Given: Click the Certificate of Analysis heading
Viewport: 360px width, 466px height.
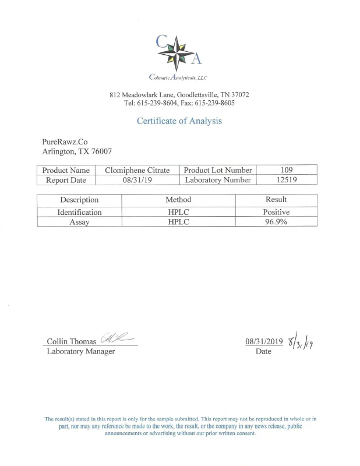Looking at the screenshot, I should pyautogui.click(x=179, y=121).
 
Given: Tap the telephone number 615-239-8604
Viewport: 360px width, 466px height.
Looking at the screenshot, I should pyautogui.click(x=156, y=103).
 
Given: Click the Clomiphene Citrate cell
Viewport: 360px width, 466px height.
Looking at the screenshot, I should pyautogui.click(x=137, y=170).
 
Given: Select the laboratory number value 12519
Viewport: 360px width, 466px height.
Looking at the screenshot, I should pyautogui.click(x=288, y=180).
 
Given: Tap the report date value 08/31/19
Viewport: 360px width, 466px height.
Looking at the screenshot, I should pyautogui.click(x=137, y=180).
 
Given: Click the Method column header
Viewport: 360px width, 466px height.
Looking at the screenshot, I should pyautogui.click(x=178, y=200).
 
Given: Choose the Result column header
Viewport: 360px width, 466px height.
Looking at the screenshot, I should pyautogui.click(x=276, y=200).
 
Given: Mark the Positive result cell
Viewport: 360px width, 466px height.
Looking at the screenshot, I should pyautogui.click(x=276, y=212).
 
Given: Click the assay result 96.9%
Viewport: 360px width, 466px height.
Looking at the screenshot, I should pyautogui.click(x=276, y=222).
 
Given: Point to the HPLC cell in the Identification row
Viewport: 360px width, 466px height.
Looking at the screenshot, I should pyautogui.click(x=178, y=212).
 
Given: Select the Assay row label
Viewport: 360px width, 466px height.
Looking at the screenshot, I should pyautogui.click(x=79, y=222).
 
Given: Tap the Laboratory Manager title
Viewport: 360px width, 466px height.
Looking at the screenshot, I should pyautogui.click(x=80, y=351).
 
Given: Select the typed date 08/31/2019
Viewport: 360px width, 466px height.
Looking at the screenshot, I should pyautogui.click(x=264, y=342).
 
